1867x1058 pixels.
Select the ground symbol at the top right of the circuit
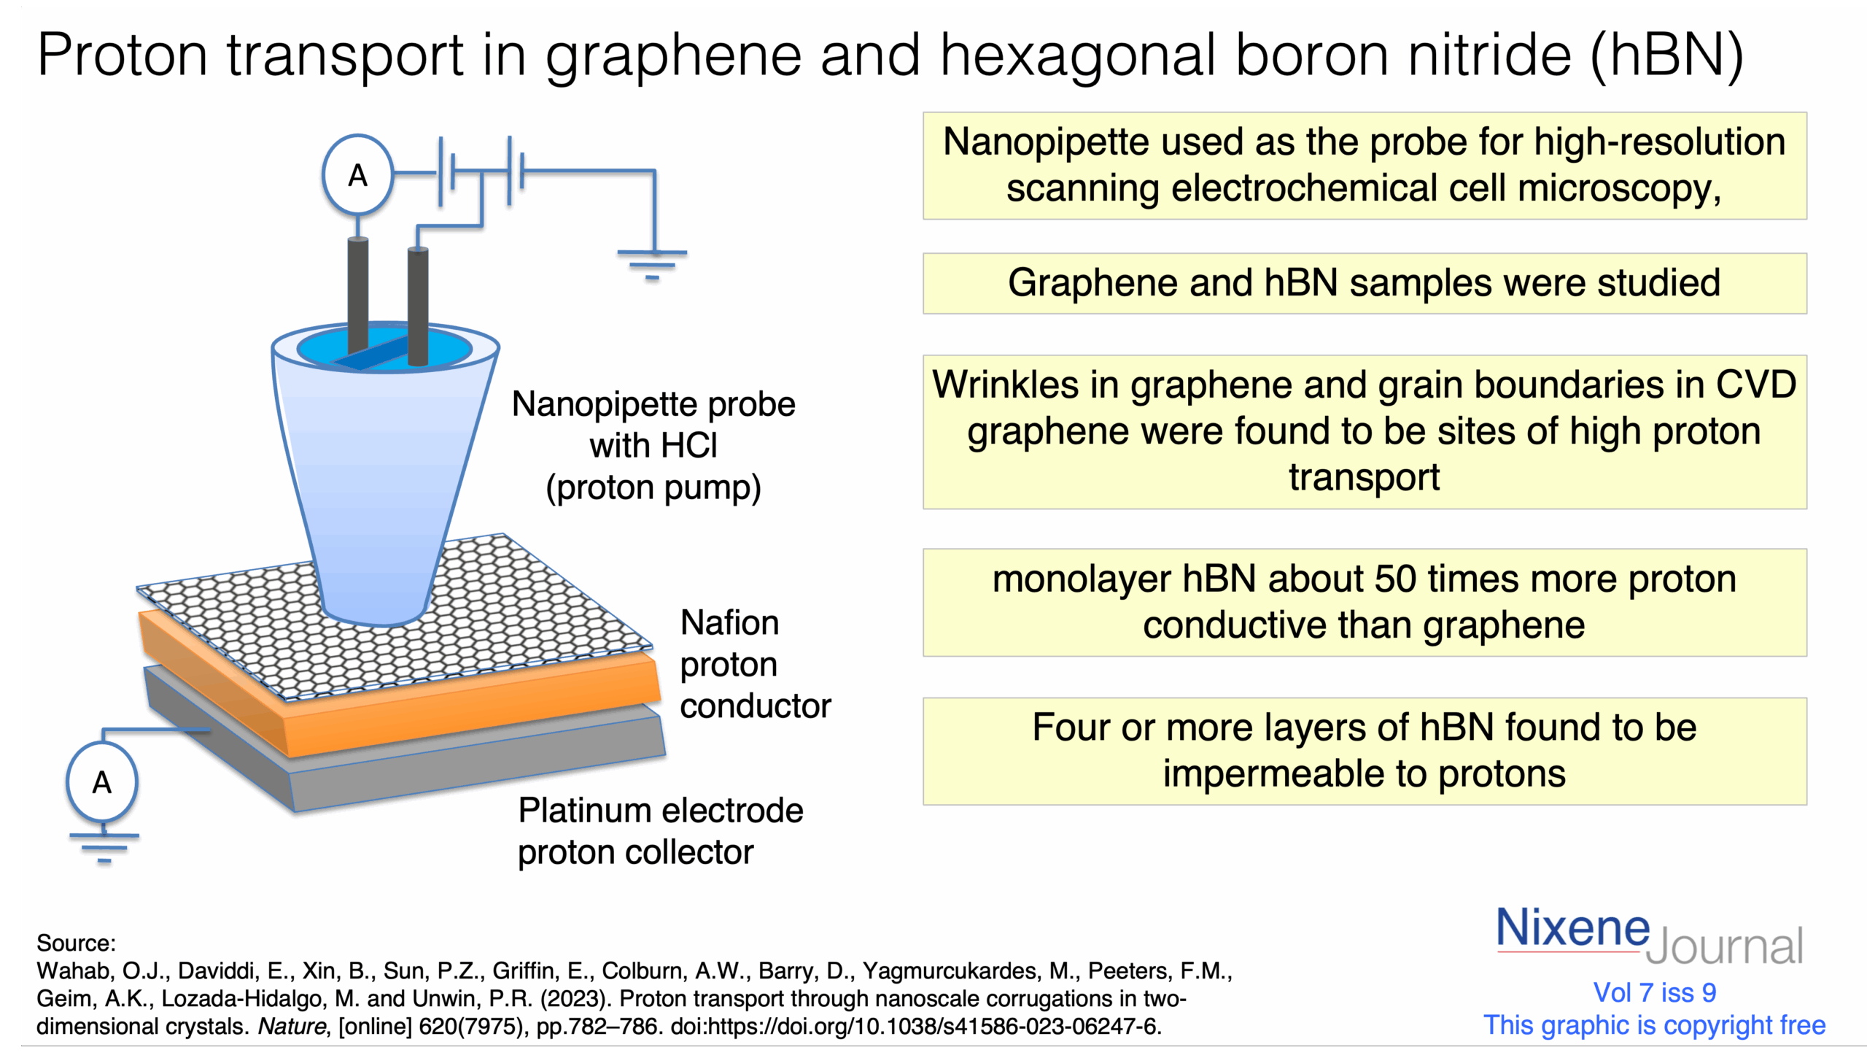[652, 265]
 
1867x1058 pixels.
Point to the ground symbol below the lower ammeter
[104, 848]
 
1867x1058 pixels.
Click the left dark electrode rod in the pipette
[357, 296]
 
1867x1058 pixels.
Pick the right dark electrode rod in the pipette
[418, 306]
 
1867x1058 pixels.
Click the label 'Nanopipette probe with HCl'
[653, 425]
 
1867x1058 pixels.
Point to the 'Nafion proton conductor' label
[756, 664]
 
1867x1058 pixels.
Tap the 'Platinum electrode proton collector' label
[661, 831]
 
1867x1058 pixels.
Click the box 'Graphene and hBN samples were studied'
[1365, 283]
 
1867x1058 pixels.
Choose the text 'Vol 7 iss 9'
[1654, 993]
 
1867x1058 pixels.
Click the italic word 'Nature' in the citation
[292, 1027]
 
